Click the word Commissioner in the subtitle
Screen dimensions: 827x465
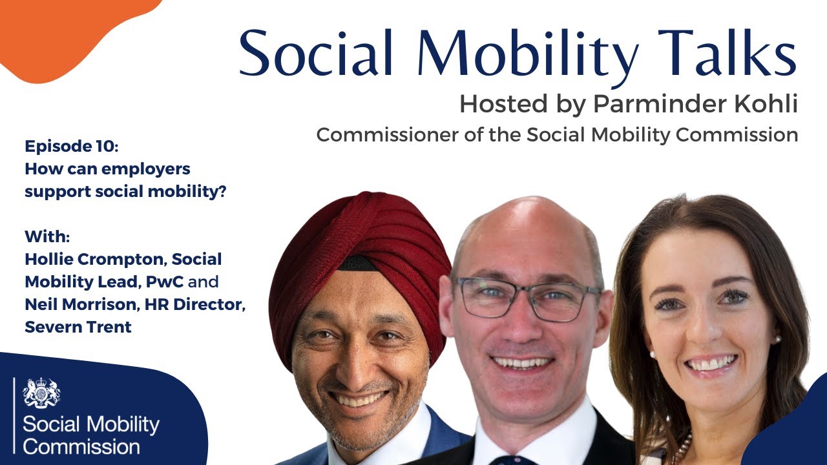coord(387,135)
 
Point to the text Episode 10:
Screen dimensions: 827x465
coord(72,147)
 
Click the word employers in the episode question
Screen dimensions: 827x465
coord(145,170)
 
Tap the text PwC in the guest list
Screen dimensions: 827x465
coord(165,282)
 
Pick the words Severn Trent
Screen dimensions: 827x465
coord(78,327)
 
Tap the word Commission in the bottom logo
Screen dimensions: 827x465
coord(81,447)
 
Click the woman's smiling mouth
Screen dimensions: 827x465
coord(711,364)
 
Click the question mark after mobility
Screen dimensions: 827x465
coord(222,192)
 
